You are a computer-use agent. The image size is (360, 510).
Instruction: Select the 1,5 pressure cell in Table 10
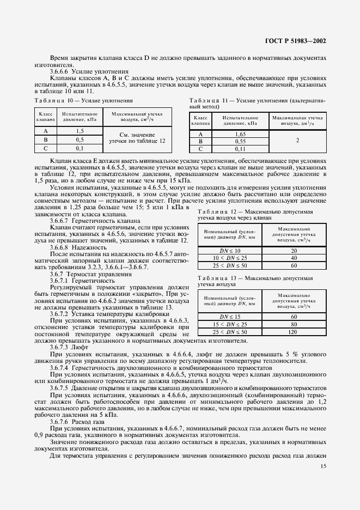(x=80, y=131)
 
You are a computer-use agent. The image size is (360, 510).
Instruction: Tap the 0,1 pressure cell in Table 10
(x=80, y=148)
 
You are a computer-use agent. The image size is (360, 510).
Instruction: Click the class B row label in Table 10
(x=45, y=139)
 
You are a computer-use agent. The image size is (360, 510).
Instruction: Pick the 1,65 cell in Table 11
(x=240, y=133)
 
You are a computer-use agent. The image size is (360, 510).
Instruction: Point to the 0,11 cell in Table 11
(x=240, y=149)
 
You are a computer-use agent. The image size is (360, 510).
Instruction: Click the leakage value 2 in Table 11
(x=297, y=141)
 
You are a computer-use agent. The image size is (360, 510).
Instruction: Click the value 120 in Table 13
(x=294, y=331)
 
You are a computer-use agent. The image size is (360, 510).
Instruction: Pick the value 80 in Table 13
(x=294, y=324)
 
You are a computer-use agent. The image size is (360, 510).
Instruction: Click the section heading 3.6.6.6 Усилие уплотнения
(x=89, y=71)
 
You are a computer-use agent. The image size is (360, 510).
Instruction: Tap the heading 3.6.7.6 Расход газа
(x=79, y=422)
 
